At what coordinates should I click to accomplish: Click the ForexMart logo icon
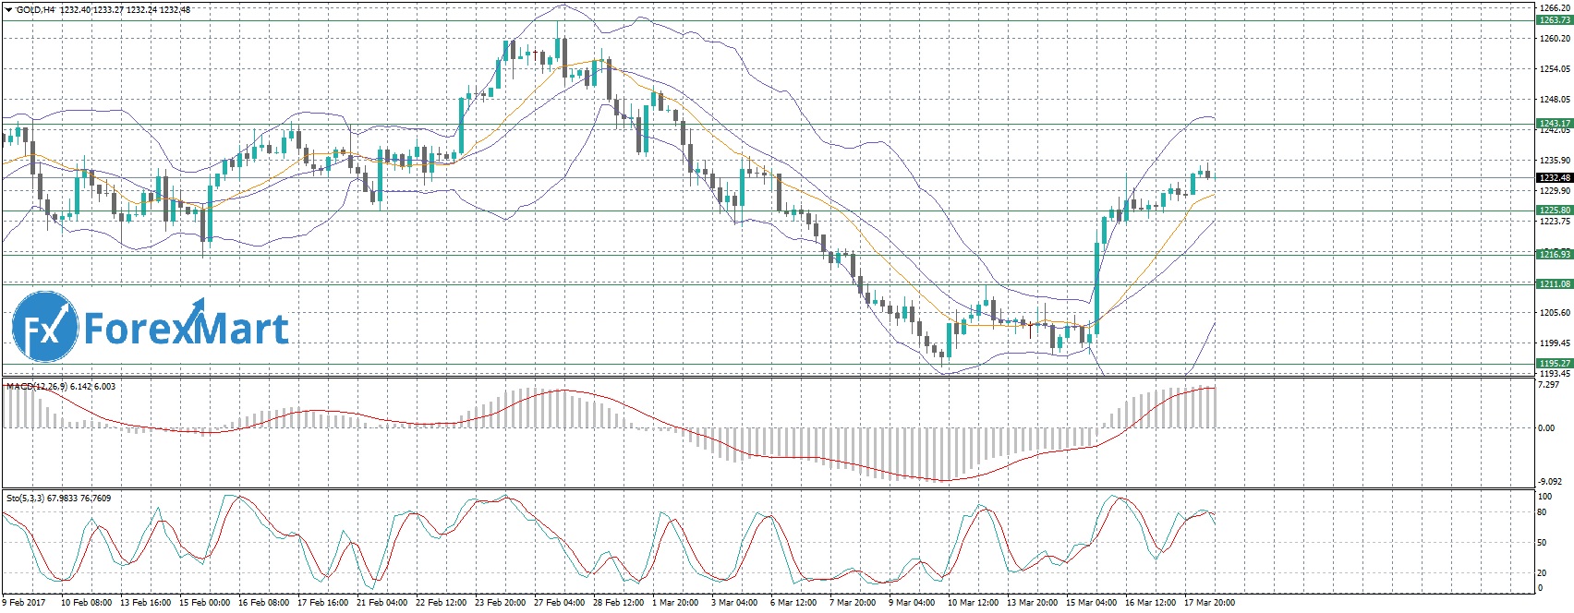45,329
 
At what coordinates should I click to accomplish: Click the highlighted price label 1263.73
1553,19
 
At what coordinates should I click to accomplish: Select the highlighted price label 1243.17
1553,123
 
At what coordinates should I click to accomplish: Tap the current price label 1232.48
1553,177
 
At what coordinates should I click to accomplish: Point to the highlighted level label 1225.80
1553,210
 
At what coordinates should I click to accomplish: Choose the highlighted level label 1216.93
1553,254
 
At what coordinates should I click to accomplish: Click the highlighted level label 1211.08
1553,284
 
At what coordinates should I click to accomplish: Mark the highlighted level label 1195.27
1553,364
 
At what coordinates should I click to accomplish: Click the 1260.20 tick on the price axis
1553,38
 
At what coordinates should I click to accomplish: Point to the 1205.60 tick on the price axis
1553,313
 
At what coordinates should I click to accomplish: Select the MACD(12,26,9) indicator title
35,386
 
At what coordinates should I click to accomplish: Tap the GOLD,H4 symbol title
37,9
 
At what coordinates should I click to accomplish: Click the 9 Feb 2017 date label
22,603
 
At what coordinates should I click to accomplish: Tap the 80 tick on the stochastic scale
1542,511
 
